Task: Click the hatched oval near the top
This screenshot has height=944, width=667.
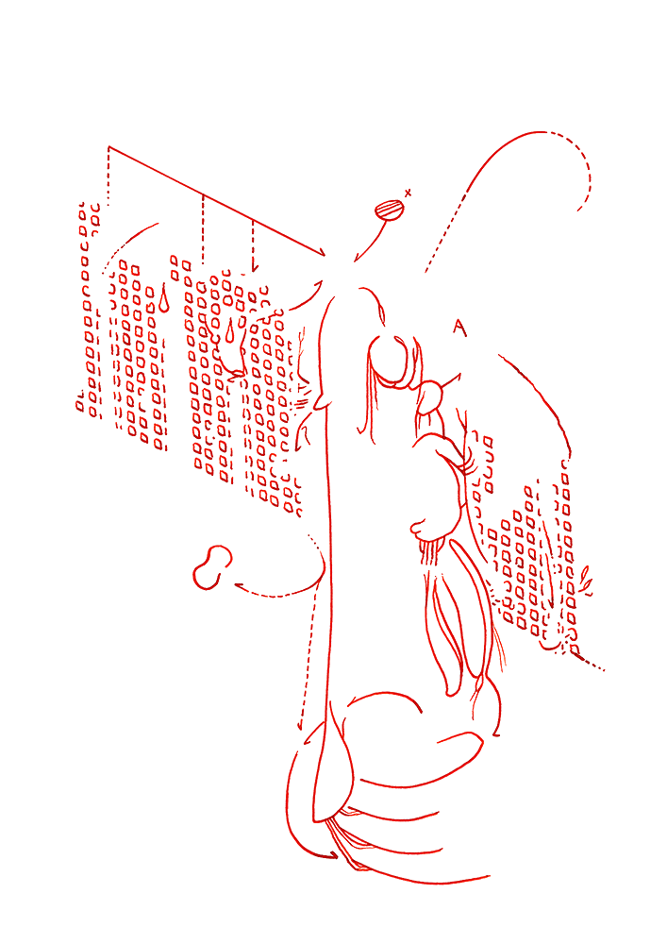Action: point(389,211)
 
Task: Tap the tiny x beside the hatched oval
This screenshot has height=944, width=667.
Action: point(408,194)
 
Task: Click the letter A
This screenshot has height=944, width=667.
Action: point(459,328)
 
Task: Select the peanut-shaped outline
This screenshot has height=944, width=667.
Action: point(212,566)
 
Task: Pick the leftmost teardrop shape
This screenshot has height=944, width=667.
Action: point(163,300)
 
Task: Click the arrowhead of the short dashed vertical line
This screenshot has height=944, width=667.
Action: point(254,267)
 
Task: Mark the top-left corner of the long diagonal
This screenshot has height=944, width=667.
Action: point(108,146)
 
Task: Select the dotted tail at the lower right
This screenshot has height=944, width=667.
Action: point(592,663)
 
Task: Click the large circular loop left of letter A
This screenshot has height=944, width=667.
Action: point(389,362)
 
